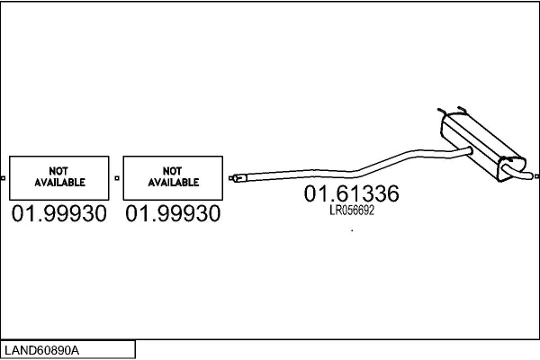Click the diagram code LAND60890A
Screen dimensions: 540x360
point(41,350)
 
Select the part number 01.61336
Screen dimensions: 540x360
point(352,193)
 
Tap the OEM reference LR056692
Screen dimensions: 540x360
point(352,210)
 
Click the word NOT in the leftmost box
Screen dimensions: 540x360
point(58,171)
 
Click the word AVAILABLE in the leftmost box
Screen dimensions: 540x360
point(59,182)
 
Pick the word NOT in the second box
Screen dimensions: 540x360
point(172,171)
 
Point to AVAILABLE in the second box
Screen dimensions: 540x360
point(174,182)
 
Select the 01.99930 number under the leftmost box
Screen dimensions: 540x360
point(59,213)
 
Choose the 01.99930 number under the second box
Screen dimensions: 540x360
point(173,213)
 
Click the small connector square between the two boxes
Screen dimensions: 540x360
point(117,178)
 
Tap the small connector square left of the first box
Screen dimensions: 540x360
point(3,178)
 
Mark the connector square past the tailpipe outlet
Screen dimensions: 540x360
point(536,176)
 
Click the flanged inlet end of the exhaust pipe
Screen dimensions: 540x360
point(238,178)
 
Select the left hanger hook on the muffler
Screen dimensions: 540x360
point(441,112)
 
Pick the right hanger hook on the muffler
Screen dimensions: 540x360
point(462,109)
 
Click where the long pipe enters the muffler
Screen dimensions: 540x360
point(469,150)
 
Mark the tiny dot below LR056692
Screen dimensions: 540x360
point(352,230)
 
